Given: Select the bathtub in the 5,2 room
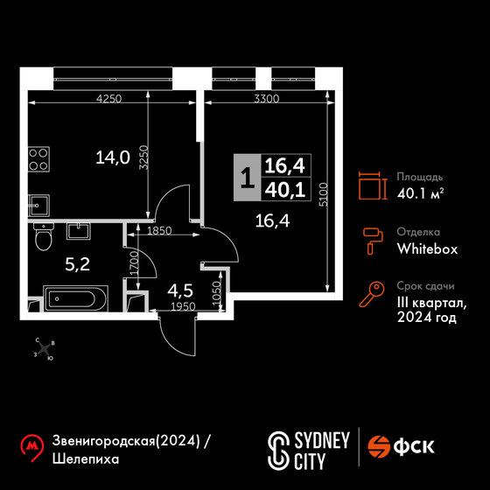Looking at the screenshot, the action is (75, 298).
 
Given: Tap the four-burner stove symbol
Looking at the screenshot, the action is (38, 159).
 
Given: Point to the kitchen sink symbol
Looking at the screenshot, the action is (38, 206).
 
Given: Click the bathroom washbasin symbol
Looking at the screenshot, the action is (79, 231).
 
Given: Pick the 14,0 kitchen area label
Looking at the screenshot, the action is (113, 157).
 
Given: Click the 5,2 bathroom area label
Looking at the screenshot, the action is (78, 264).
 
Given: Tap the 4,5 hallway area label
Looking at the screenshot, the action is (180, 290).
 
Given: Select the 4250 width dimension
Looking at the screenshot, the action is (108, 99).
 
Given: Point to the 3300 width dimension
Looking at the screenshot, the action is (267, 99).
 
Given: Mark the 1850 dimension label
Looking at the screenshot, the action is (159, 231).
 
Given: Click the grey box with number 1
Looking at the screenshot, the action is (247, 177).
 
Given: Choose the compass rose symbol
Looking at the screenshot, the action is (45, 349).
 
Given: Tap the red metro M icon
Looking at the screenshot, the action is (31, 447).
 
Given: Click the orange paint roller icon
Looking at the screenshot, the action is (373, 241).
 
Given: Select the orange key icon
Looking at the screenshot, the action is (372, 294).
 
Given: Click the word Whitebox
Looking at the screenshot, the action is (427, 248).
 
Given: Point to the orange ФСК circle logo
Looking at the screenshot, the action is (379, 446).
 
